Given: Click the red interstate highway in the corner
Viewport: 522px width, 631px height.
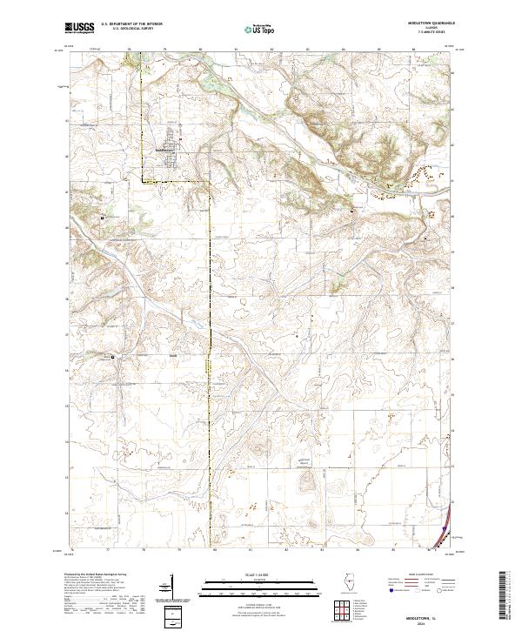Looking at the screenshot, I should [446, 521].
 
